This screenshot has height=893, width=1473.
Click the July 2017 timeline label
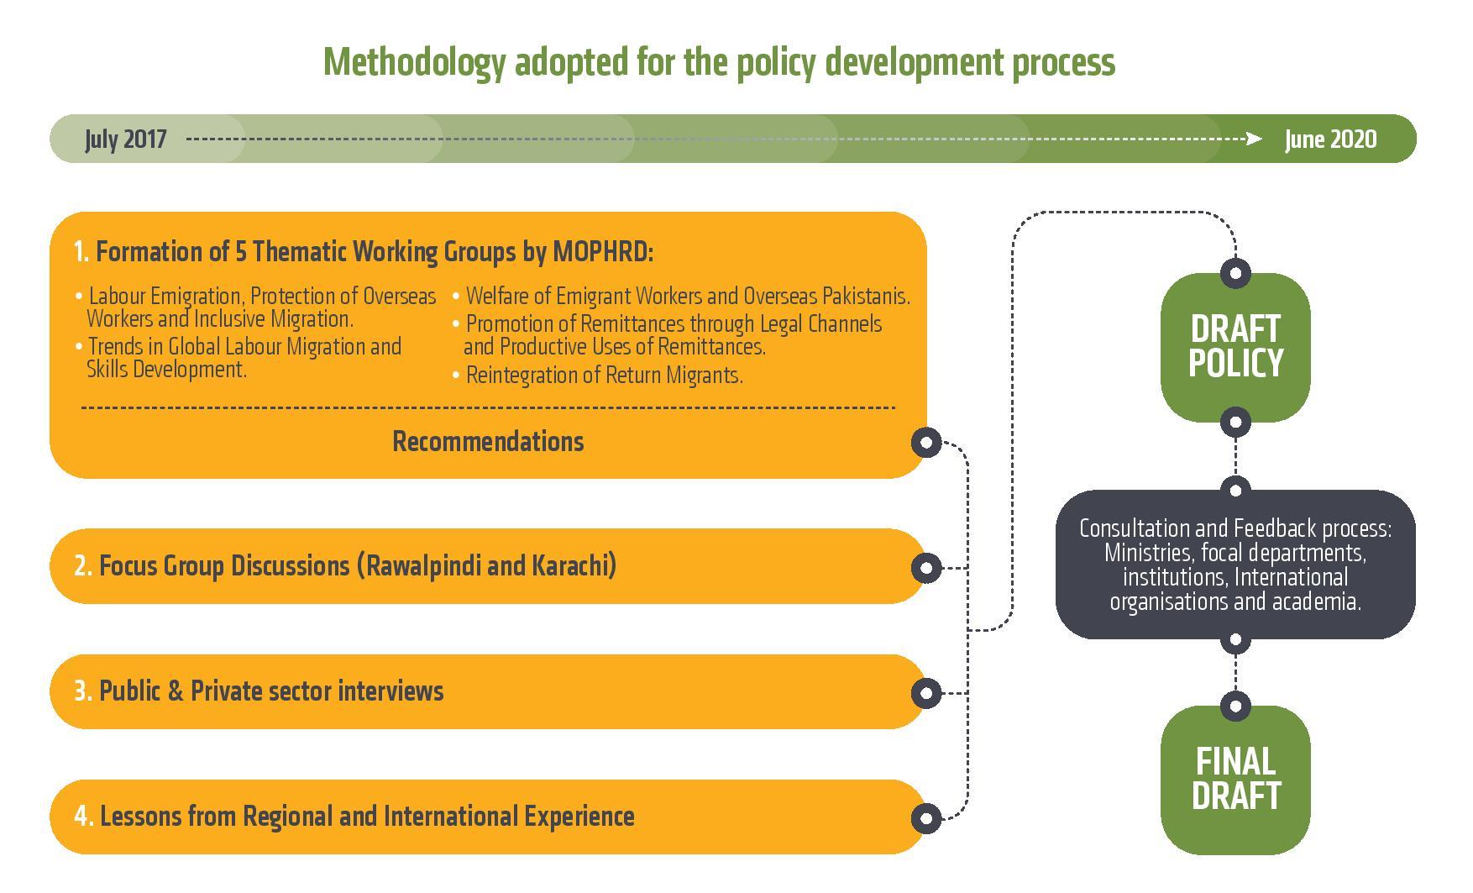[125, 139]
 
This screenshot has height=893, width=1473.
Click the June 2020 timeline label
[1330, 139]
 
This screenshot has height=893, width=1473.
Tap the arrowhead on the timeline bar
[1254, 139]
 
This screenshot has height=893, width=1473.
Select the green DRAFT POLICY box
[1235, 347]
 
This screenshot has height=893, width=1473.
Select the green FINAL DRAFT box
[1235, 780]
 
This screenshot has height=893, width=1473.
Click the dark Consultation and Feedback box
[1235, 565]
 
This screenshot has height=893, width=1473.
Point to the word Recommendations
[488, 442]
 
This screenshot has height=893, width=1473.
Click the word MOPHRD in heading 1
[602, 251]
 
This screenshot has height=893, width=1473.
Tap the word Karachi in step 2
[574, 565]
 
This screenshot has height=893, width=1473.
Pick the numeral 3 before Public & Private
[81, 691]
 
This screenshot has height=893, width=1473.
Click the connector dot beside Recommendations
[926, 442]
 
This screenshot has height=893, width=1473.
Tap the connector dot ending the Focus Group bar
[926, 568]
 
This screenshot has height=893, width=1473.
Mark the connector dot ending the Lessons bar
[926, 818]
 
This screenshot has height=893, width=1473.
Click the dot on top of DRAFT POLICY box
[1235, 272]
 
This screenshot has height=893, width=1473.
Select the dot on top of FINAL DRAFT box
[1235, 706]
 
